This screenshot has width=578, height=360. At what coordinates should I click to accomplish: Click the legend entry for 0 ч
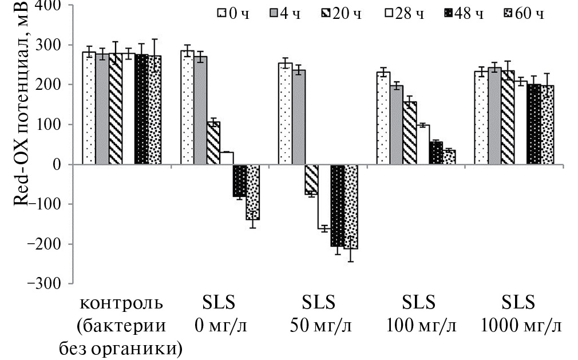point(229,13)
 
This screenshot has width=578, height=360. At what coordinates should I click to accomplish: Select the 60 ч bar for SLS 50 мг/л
point(351,207)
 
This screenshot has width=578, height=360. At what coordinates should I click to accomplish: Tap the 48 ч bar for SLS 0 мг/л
point(240,180)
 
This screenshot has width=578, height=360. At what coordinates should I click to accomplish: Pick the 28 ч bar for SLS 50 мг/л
point(324,196)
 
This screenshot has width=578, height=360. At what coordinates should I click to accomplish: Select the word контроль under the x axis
point(121,302)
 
